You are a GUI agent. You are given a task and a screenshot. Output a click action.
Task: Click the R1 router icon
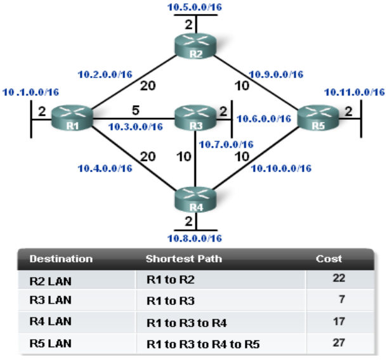click(x=72, y=118)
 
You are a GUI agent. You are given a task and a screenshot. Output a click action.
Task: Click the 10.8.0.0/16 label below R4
click(x=195, y=238)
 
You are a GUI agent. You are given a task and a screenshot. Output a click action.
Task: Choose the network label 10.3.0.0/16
click(x=135, y=127)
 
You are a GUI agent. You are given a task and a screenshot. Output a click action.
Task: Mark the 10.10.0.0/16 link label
click(x=280, y=168)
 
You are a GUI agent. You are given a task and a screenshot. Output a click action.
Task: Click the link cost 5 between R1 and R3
click(x=136, y=109)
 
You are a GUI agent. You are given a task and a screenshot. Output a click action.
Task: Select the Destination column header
click(x=61, y=259)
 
